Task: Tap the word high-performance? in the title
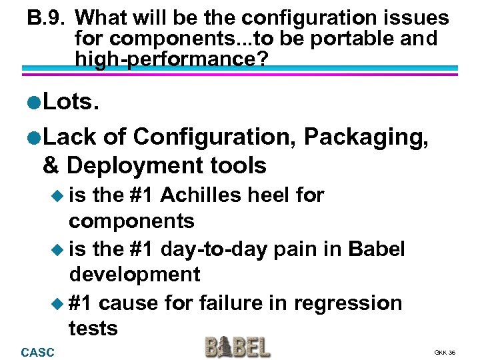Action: [x=172, y=59]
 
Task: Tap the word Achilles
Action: [x=202, y=195]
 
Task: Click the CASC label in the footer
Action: [x=38, y=351]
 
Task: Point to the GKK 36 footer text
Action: [x=445, y=352]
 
